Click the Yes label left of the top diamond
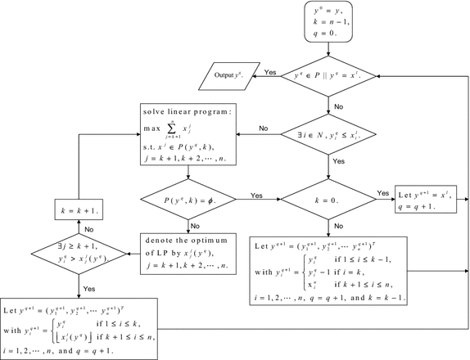(x=269, y=73)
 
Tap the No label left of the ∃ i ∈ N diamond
(x=264, y=128)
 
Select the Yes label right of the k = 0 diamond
(x=382, y=193)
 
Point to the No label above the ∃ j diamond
(x=88, y=230)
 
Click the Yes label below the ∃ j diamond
(x=89, y=287)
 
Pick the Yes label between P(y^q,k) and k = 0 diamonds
(x=256, y=195)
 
